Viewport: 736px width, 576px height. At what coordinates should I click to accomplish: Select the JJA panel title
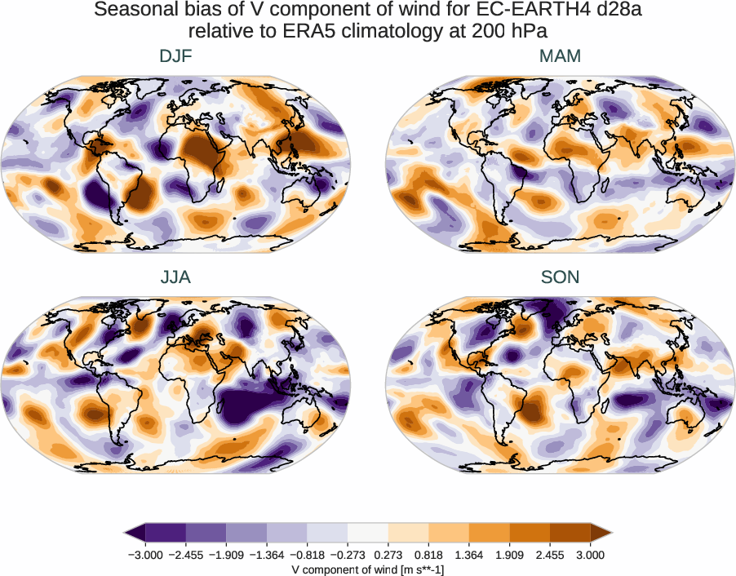(x=175, y=277)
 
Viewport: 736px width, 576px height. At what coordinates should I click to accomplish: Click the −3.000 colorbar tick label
(x=146, y=555)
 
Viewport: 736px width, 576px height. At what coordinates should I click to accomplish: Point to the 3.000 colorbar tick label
(x=590, y=555)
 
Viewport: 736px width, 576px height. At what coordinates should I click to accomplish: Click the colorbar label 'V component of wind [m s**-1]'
(x=368, y=569)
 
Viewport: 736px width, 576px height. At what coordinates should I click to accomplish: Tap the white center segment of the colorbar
(x=368, y=532)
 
